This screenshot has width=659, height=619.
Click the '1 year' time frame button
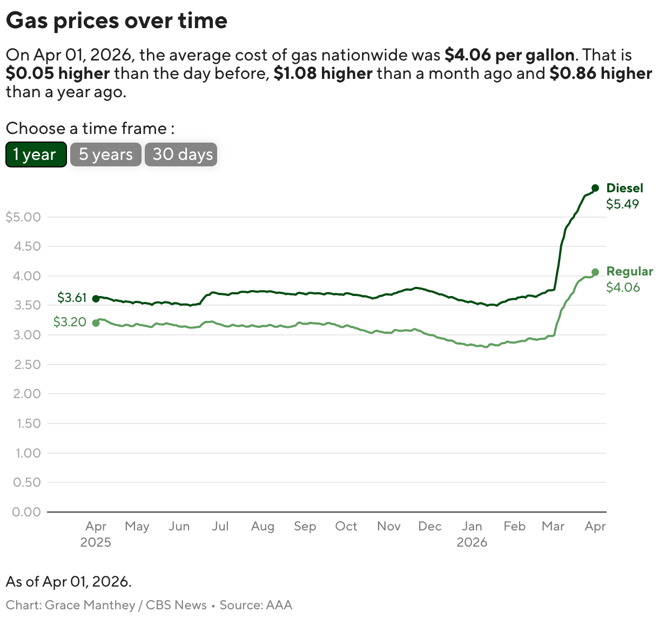click(36, 154)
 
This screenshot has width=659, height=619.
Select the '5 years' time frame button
click(106, 154)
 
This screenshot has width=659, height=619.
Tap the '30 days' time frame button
click(181, 154)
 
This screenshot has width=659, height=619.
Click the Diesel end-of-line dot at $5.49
click(595, 188)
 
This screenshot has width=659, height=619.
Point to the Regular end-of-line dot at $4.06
click(595, 272)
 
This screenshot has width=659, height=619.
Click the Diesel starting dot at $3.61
click(96, 299)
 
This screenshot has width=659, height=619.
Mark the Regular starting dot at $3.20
click(96, 323)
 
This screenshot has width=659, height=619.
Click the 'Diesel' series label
click(625, 188)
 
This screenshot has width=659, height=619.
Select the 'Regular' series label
click(630, 271)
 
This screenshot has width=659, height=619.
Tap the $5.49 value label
click(622, 204)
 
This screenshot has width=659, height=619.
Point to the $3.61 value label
click(72, 298)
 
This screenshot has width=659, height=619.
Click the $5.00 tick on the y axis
click(23, 217)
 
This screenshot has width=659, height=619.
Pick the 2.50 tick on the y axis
click(28, 365)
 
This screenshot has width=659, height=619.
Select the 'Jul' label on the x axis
click(220, 526)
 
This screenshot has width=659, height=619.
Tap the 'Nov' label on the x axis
click(389, 526)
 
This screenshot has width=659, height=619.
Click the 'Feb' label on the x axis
click(514, 526)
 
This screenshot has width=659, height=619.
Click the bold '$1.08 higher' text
click(323, 73)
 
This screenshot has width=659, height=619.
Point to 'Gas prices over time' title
click(117, 21)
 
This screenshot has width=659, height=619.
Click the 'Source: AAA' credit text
click(255, 605)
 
